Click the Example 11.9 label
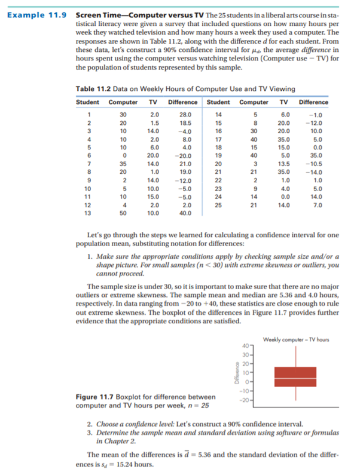click(x=36, y=13)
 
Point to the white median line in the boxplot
click(x=295, y=379)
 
